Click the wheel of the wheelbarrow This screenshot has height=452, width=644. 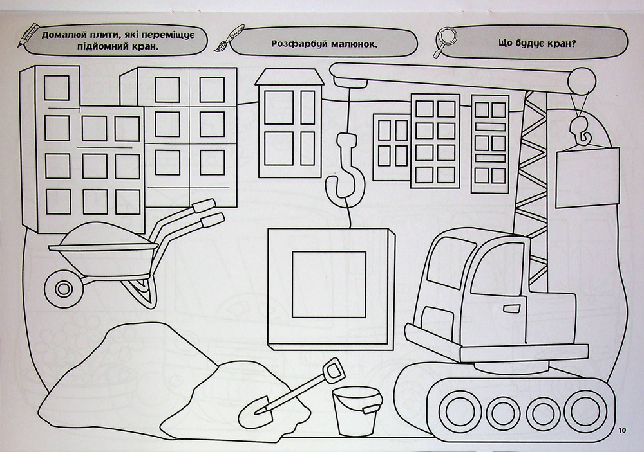[x=63, y=288]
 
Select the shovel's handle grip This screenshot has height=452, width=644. [x=333, y=370]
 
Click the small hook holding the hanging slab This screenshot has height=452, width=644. [x=580, y=130]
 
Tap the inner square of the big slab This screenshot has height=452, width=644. [x=329, y=285]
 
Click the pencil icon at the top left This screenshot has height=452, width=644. [x=28, y=35]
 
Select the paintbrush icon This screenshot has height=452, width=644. [x=229, y=38]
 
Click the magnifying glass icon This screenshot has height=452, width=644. [x=445, y=41]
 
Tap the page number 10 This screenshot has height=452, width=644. [x=621, y=430]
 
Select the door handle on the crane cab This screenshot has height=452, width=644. [x=512, y=307]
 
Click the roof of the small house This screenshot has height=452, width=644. [x=290, y=77]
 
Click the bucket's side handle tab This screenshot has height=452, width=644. [x=372, y=409]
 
